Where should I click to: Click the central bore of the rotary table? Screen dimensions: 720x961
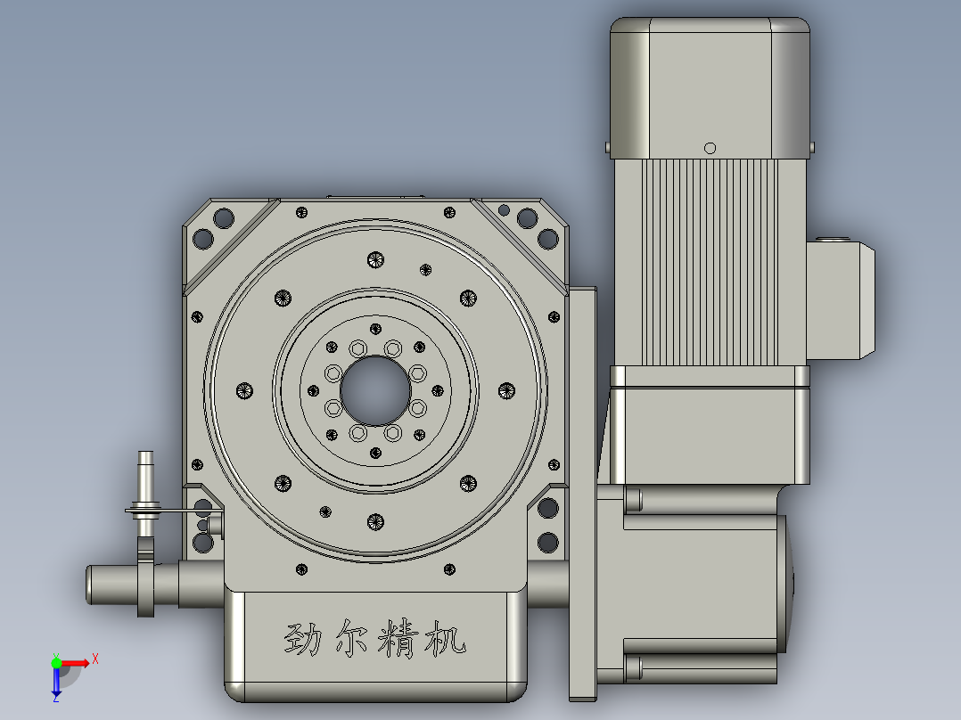tap(375, 390)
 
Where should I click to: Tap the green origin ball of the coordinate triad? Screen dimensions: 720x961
tap(56, 662)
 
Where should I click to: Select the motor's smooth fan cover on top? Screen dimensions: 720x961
tap(710, 85)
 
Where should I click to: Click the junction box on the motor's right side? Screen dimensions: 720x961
tap(840, 299)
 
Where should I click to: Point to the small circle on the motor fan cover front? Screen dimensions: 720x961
tap(710, 148)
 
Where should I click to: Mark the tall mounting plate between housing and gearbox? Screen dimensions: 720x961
tap(582, 490)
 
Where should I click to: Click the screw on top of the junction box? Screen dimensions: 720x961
tap(837, 238)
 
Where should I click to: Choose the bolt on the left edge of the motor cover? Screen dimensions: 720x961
tap(606, 145)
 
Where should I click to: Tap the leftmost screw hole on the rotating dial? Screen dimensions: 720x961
tap(245, 390)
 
